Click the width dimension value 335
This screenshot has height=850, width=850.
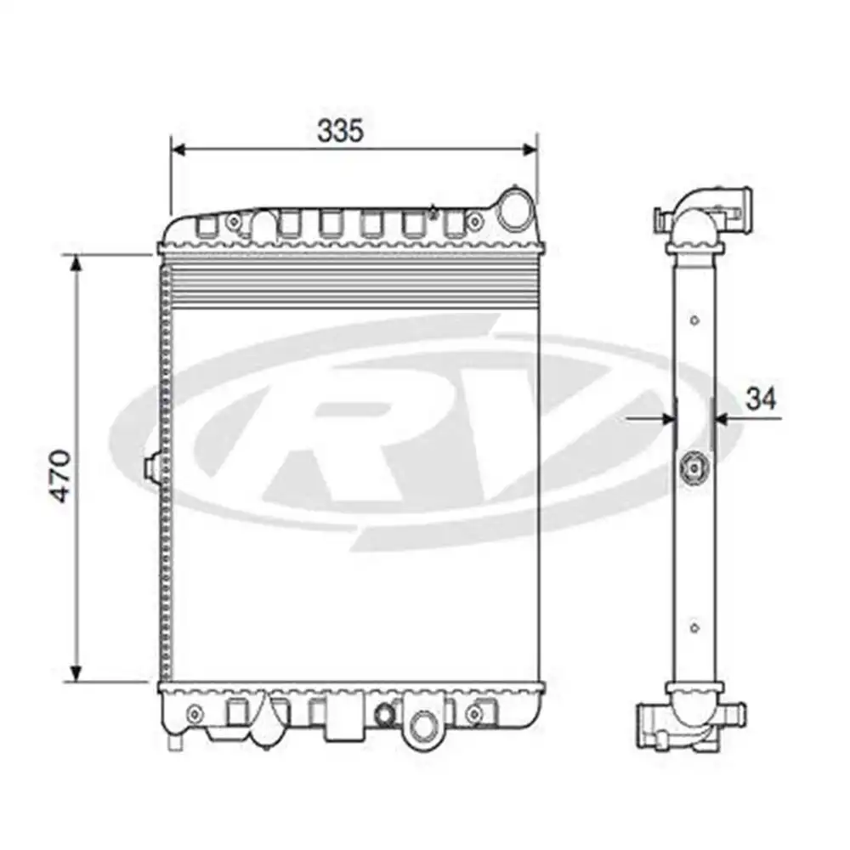pyautogui.click(x=340, y=130)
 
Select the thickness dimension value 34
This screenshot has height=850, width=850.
pyautogui.click(x=761, y=399)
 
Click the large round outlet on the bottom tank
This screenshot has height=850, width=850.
pyautogui.click(x=421, y=725)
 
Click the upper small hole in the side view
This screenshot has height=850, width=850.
pyautogui.click(x=694, y=320)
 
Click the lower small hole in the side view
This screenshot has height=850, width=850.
pyautogui.click(x=694, y=628)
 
